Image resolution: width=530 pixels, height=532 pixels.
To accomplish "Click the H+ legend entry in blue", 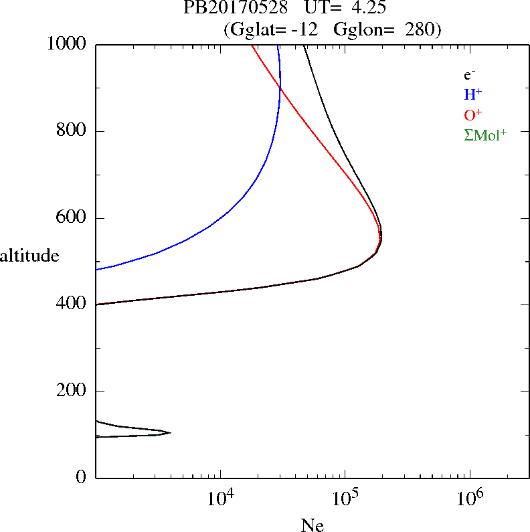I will point(472,94).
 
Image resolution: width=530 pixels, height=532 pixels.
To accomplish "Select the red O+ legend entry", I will point(473,114).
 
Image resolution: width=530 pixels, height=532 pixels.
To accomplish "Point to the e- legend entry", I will point(470,75).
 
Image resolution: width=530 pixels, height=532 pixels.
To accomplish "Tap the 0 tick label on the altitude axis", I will point(82,478).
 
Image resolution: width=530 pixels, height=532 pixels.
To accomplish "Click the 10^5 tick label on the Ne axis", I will point(345,499).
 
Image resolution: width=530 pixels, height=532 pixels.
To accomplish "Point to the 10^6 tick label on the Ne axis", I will point(470,499).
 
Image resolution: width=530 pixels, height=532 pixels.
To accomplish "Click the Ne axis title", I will point(313,525).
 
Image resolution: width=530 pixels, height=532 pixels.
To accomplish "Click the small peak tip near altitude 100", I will point(170,432).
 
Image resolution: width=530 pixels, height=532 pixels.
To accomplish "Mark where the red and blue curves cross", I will point(280,89).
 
